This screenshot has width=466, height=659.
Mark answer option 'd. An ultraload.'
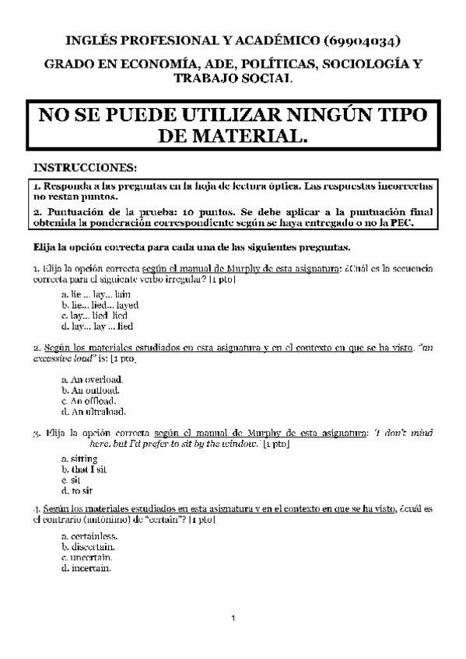pyautogui.click(x=93, y=411)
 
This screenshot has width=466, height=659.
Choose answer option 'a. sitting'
pyautogui.click(x=79, y=459)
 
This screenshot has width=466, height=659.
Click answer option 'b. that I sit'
pyautogui.click(x=83, y=470)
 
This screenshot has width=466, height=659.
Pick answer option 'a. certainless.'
pyautogui.click(x=89, y=535)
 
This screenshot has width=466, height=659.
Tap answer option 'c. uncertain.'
pyautogui.click(x=86, y=557)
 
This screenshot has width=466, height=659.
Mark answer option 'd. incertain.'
pyautogui.click(x=86, y=568)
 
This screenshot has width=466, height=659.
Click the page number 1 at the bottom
pyautogui.click(x=233, y=619)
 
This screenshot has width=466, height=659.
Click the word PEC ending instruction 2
pyautogui.click(x=406, y=224)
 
